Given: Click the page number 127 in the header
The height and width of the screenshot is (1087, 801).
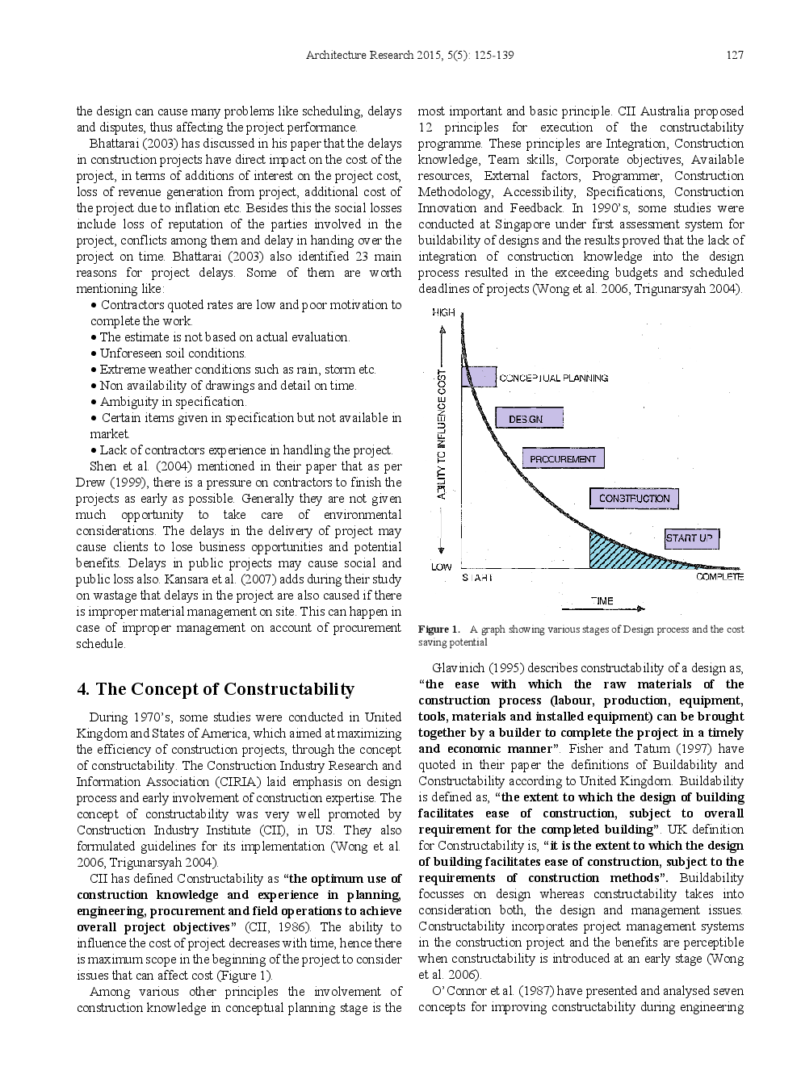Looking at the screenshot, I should [734, 55].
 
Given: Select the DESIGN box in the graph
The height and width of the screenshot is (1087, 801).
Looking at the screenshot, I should [526, 419].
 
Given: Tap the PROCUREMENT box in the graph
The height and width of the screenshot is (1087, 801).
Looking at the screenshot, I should [563, 459].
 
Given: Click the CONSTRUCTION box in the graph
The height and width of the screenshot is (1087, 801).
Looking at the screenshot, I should [634, 499].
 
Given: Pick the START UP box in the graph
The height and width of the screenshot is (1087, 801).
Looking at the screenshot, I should [690, 538].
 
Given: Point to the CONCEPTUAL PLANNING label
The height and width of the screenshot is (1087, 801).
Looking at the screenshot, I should [554, 378].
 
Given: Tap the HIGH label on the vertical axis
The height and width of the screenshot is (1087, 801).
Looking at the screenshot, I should [443, 312].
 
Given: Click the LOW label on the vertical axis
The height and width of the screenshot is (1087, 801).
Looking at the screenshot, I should [441, 566].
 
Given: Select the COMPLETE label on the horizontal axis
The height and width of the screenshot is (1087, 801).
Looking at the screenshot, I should [719, 577].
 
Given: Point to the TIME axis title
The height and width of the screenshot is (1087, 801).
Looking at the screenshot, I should [602, 600].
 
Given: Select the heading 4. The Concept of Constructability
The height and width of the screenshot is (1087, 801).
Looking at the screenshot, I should [216, 689].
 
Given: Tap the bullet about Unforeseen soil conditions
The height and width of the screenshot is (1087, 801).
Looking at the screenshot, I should [173, 353].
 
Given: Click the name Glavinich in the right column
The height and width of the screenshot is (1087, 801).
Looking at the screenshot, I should [458, 668].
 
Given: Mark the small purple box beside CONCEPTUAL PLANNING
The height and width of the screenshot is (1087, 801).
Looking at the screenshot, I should [479, 377].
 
